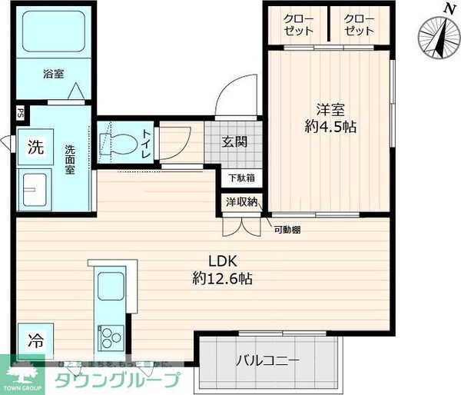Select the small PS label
[x=20, y=112]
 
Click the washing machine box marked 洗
[x=35, y=146]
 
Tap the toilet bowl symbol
[x=118, y=143]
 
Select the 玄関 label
[x=234, y=141]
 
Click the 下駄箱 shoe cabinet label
[x=240, y=178]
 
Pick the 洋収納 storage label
[x=241, y=202]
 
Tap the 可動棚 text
[x=288, y=230]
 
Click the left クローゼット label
[x=298, y=25]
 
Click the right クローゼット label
[x=359, y=25]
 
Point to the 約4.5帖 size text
[x=330, y=127]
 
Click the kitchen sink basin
[x=111, y=287]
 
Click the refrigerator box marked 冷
[x=35, y=337]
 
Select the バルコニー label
[x=267, y=360]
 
